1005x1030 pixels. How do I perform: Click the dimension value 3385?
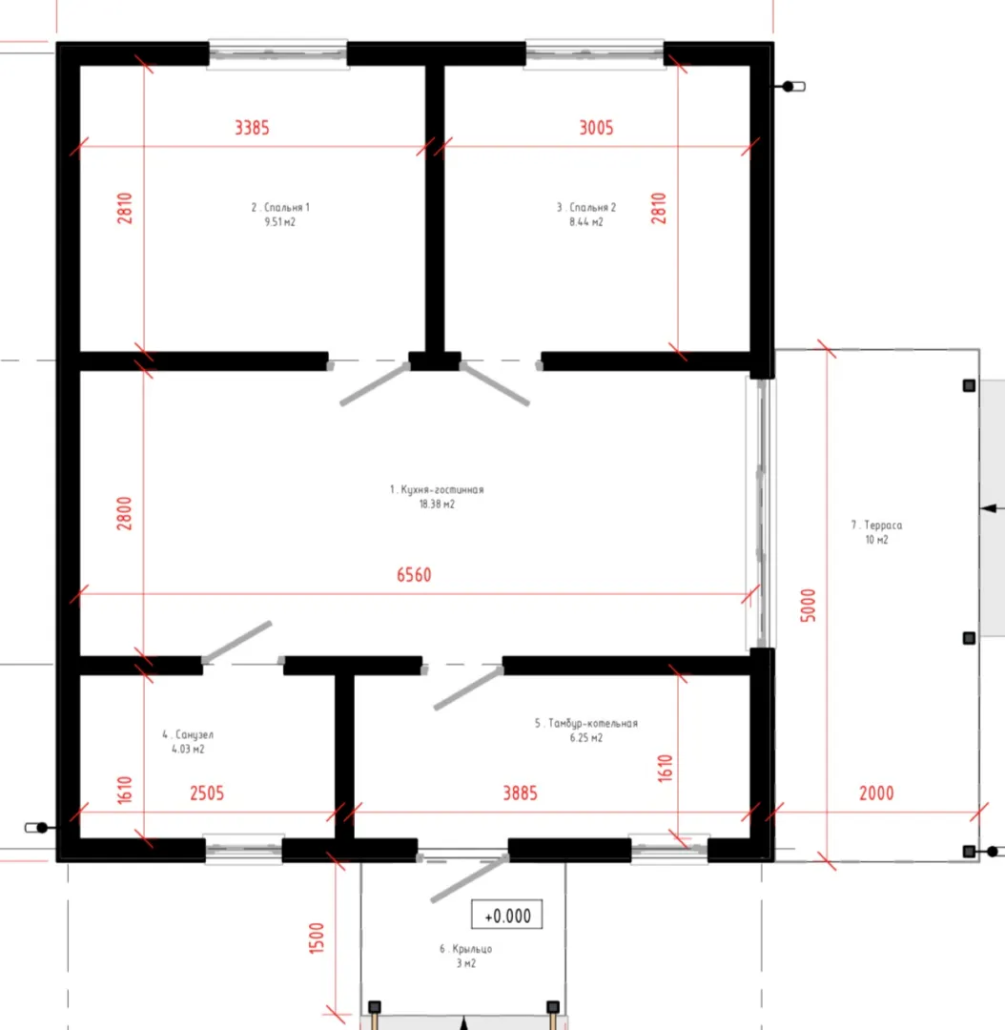[x=253, y=128]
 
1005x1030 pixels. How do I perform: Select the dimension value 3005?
[x=597, y=128]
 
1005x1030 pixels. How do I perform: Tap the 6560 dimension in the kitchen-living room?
[x=414, y=575]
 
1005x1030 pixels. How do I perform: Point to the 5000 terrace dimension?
[x=808, y=605]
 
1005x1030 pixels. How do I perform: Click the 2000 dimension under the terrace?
[x=876, y=793]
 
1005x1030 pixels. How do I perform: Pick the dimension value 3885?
[x=521, y=793]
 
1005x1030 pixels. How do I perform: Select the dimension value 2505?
[x=207, y=793]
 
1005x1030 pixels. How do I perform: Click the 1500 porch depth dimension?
[x=317, y=938]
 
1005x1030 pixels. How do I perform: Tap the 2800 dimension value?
[x=124, y=514]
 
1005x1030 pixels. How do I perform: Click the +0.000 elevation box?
[x=507, y=915]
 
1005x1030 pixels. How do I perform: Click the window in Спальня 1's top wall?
[x=277, y=53]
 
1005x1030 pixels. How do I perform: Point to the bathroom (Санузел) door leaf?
[x=237, y=641]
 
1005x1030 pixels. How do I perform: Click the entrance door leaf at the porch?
[x=470, y=878]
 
